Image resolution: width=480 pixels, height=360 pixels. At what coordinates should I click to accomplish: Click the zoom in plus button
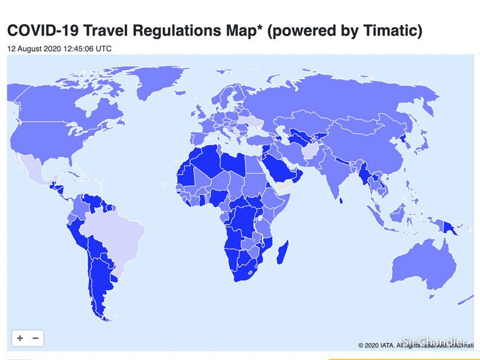click(x=20, y=338)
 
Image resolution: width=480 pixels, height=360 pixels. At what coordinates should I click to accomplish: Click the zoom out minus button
click(x=35, y=338)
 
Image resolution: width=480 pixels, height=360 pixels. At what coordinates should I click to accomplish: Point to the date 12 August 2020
click(x=33, y=49)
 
